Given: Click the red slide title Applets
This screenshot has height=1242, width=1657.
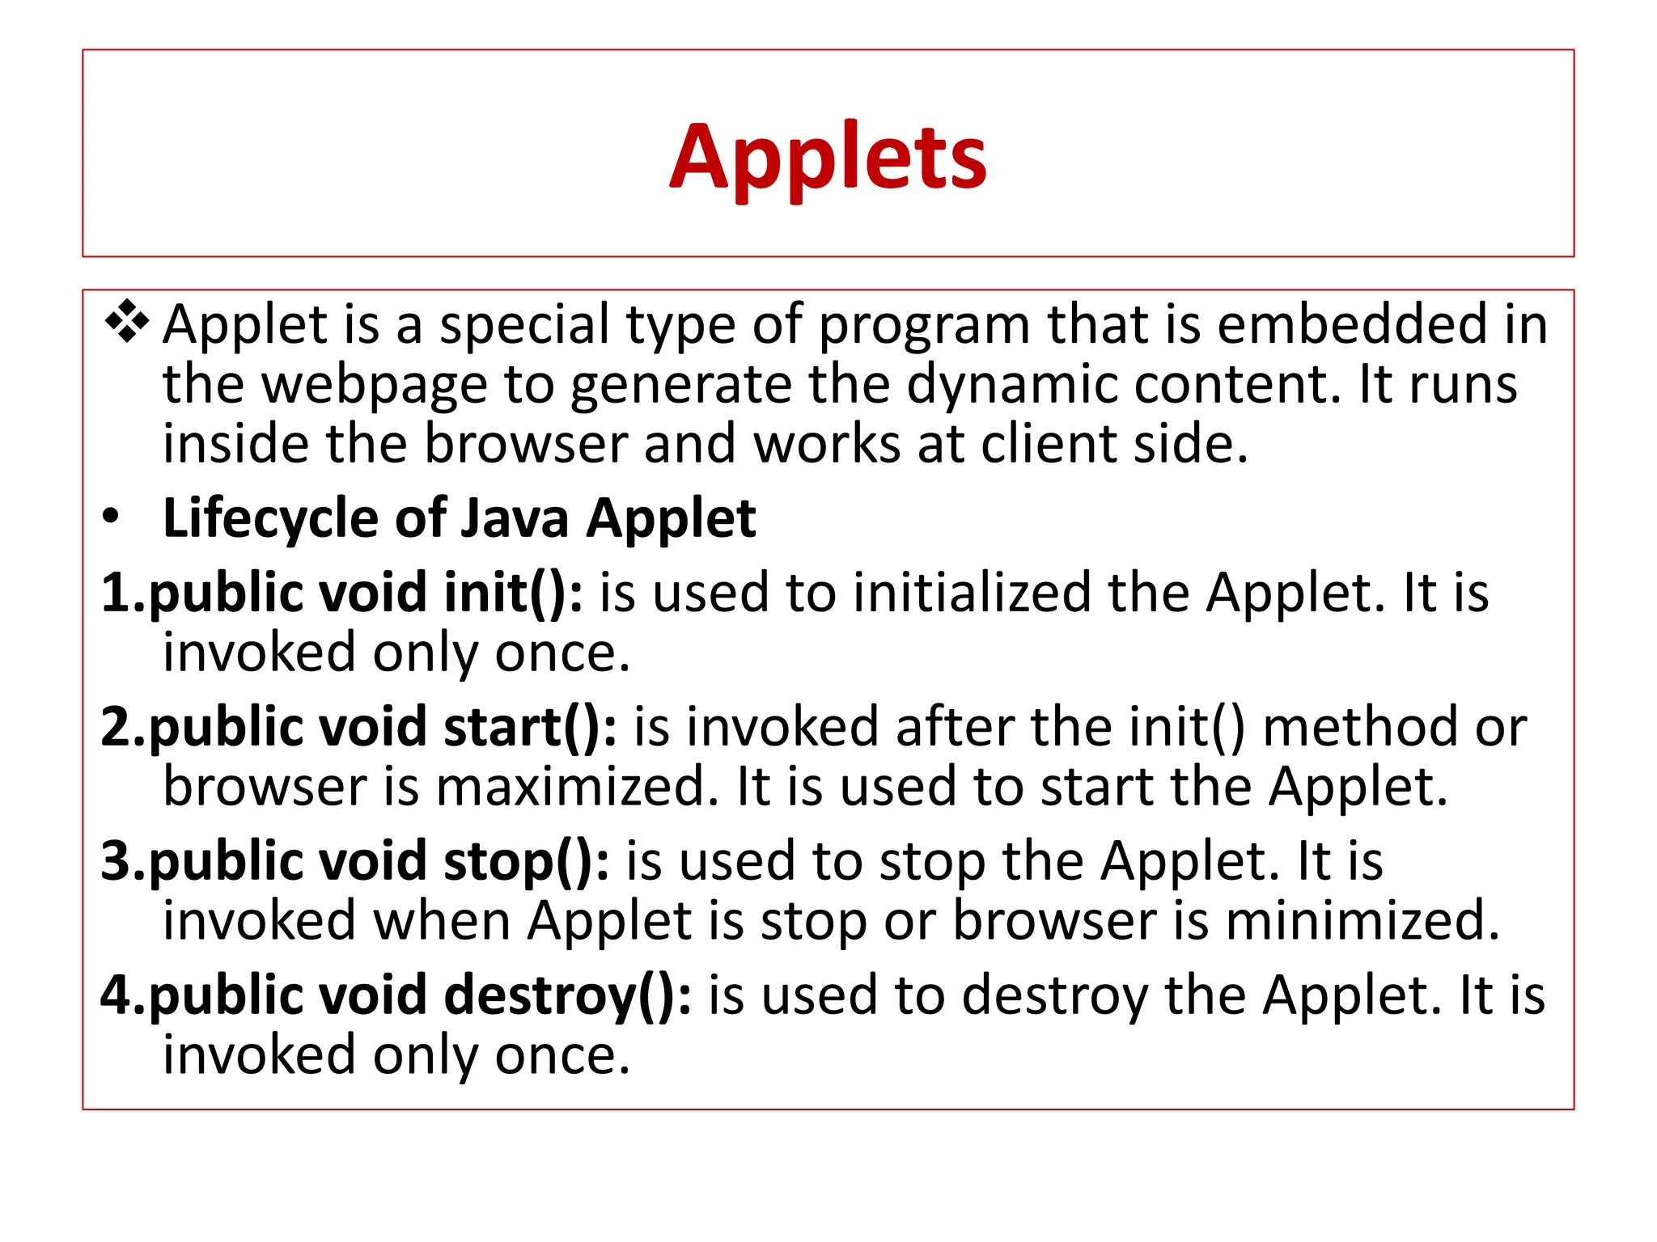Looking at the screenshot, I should point(828,157).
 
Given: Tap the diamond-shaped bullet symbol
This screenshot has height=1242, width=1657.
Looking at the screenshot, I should point(127,321).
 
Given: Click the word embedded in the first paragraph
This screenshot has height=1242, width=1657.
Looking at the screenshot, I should point(1354,324).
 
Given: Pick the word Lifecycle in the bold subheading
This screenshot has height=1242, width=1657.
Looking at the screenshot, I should point(269,518).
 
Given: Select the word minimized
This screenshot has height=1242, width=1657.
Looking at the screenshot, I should point(1362,921).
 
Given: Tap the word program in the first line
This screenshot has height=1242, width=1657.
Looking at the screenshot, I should point(924,324).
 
